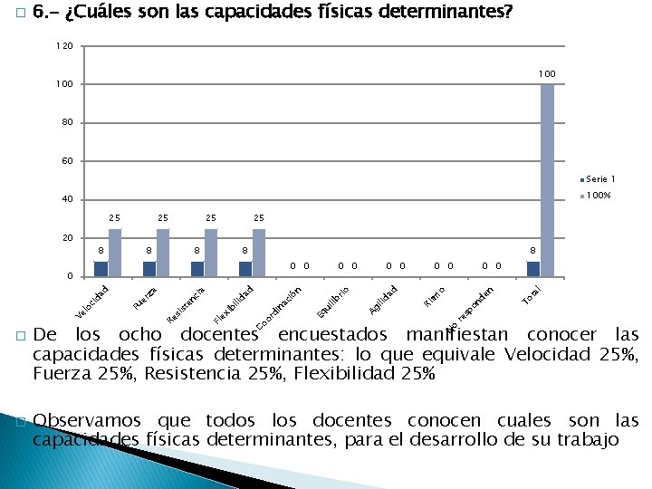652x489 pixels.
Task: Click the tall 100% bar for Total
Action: (x=547, y=179)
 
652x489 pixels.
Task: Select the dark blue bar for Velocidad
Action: (x=101, y=268)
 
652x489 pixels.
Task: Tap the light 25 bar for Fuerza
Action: (x=163, y=252)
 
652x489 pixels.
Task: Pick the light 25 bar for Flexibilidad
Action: (x=259, y=252)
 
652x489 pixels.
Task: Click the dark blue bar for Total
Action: (x=533, y=268)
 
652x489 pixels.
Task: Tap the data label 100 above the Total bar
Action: (x=546, y=73)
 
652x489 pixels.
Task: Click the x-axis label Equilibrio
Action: (x=332, y=302)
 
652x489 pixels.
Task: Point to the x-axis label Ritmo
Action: (x=435, y=295)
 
